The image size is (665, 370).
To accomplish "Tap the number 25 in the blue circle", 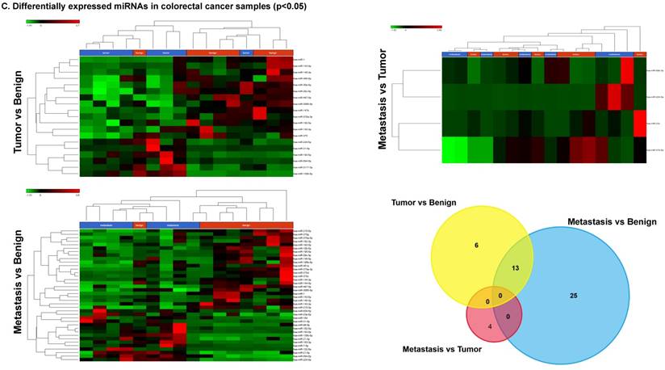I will click(x=573, y=296).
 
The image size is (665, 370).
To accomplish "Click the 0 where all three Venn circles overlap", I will click(x=500, y=296).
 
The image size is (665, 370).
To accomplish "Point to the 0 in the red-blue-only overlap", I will click(x=508, y=316).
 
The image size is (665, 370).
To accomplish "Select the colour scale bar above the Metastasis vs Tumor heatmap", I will click(x=416, y=27).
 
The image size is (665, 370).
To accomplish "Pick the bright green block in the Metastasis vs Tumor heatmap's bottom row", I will click(x=455, y=150).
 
